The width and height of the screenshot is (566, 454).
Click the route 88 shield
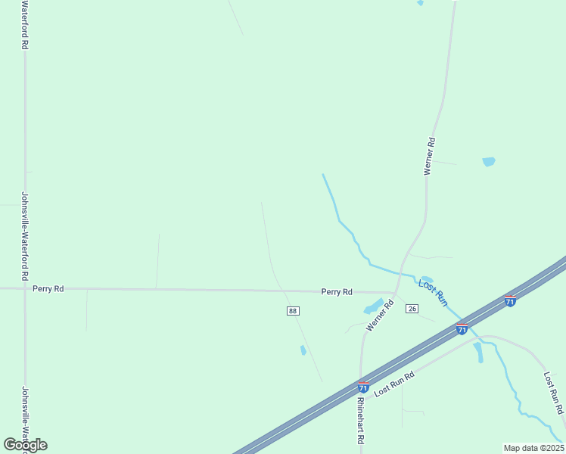tap(293, 311)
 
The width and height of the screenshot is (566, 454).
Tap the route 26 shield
tap(412, 309)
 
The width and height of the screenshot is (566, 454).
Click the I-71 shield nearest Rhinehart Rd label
tap(363, 387)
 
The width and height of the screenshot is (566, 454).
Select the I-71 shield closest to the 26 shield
tap(462, 328)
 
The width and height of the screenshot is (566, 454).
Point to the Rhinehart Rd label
tap(361, 421)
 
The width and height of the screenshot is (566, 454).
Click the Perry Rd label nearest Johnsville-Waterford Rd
tap(48, 289)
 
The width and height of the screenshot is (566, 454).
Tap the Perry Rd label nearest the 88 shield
tap(337, 291)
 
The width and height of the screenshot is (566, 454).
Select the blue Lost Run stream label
tap(434, 292)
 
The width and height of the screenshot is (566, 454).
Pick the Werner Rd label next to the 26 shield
tap(381, 316)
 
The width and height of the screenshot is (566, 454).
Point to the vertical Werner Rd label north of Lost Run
tap(429, 156)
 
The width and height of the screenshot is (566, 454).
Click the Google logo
tap(26, 445)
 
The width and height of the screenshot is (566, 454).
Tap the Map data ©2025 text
tap(533, 448)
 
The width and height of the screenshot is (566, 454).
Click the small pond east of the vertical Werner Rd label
tap(489, 161)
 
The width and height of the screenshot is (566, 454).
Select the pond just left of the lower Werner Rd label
tap(373, 306)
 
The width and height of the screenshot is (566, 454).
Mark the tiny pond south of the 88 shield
tap(303, 350)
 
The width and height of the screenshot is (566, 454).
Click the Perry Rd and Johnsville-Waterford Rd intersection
tap(25, 288)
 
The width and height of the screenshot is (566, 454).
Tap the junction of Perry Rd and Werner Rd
tap(395, 292)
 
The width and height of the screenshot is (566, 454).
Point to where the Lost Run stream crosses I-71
tap(464, 321)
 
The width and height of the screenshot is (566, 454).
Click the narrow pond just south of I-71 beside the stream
tap(478, 353)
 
